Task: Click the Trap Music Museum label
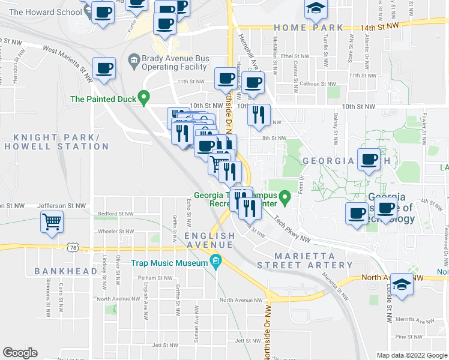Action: [170, 262]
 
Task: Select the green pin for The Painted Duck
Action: [143, 97]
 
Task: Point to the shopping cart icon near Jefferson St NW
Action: [52, 221]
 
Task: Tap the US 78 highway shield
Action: [73, 247]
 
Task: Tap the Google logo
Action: [20, 353]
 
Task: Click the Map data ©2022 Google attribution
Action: [412, 355]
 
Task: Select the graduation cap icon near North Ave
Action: [402, 284]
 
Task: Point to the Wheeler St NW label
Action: [116, 231]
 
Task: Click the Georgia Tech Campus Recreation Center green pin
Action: [287, 196]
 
